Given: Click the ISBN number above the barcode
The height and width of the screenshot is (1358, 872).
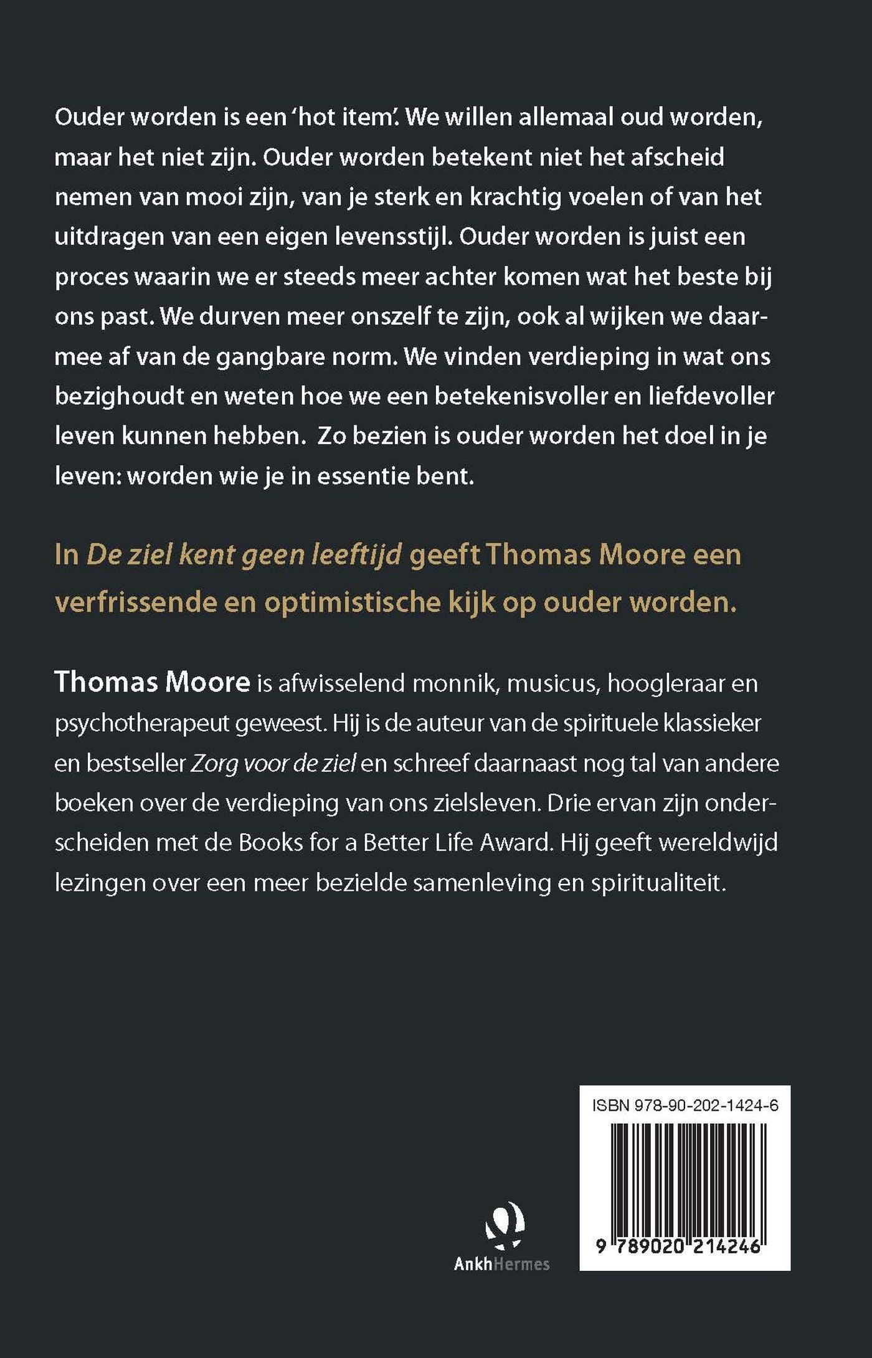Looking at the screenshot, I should pyautogui.click(x=685, y=1106).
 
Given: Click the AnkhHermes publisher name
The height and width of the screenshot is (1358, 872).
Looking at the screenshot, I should pyautogui.click(x=501, y=1263).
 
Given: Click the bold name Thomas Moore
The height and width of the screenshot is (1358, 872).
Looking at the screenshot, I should pyautogui.click(x=152, y=682).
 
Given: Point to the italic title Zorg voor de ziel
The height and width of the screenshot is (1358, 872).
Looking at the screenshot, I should pyautogui.click(x=273, y=763).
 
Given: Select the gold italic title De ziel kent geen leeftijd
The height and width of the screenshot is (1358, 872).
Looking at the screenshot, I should pyautogui.click(x=244, y=554).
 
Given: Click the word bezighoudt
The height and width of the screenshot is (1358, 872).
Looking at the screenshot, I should pyautogui.click(x=117, y=396).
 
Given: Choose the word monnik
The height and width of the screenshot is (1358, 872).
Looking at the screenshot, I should pyautogui.click(x=455, y=683).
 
